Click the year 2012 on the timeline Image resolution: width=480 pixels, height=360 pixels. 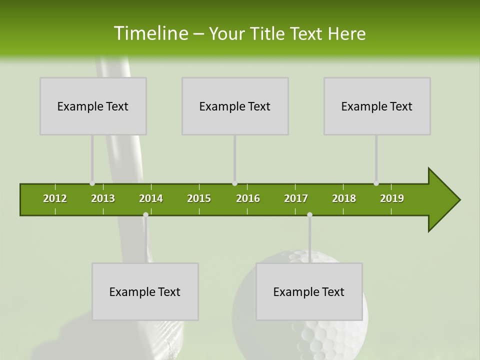coord(55,198)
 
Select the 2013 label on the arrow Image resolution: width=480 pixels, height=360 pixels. coord(103,198)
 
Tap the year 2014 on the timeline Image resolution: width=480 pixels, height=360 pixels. coord(151,198)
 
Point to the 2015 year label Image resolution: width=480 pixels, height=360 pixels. coord(199,198)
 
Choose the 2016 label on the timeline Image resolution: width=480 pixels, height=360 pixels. coord(248,198)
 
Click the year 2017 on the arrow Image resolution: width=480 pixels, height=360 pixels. coord(296,198)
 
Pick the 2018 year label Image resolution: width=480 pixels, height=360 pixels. coord(344,198)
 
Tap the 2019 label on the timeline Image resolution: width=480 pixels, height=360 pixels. coord(392,198)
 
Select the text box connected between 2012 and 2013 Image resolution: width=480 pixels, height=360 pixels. coord(93,106)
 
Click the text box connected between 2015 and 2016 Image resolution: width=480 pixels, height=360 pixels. coord(235,106)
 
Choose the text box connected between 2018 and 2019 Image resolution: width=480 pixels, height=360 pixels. coord(377,106)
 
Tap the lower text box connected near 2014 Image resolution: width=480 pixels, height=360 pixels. coord(145,291)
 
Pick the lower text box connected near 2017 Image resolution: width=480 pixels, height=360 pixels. coord(309,291)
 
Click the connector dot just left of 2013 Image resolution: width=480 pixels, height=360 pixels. coord(92,183)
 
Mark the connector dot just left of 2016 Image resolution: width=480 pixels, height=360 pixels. coord(234,183)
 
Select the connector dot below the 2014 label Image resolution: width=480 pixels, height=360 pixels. coord(145,214)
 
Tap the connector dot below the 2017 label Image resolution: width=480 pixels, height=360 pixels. coord(309,214)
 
